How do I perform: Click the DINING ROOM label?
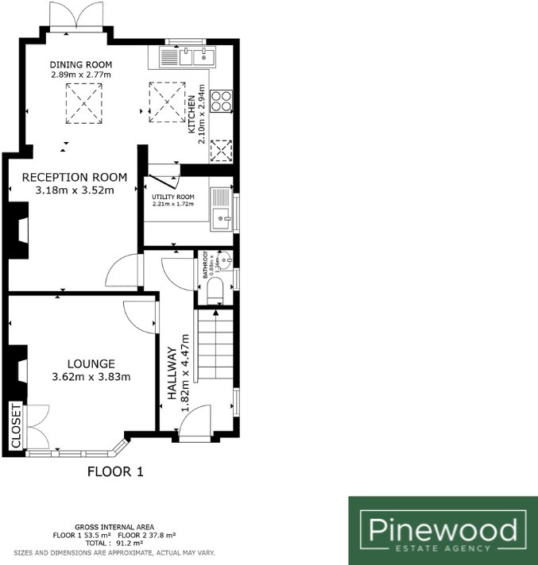pyautogui.click(x=80, y=64)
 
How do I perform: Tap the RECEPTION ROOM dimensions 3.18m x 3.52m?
pyautogui.click(x=75, y=190)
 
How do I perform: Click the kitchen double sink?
pyautogui.click(x=195, y=56)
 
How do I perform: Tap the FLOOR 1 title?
pyautogui.click(x=114, y=472)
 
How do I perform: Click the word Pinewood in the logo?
pyautogui.click(x=442, y=529)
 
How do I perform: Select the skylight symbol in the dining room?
pyautogui.click(x=84, y=103)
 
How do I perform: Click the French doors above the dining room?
pyautogui.click(x=77, y=17)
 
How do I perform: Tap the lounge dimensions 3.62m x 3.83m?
pyautogui.click(x=91, y=377)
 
